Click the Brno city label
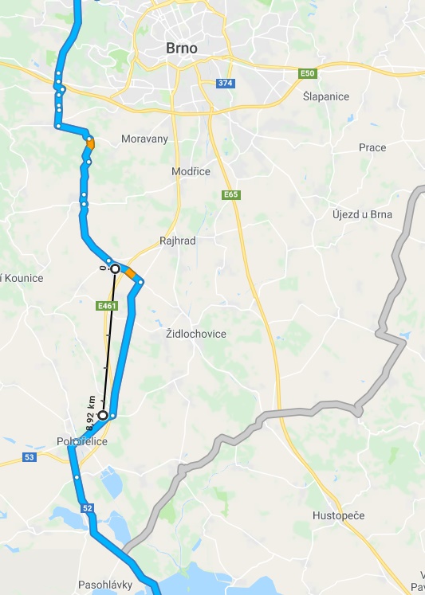click(182, 48)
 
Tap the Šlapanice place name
click(326, 96)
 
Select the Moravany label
click(144, 139)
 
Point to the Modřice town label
click(191, 171)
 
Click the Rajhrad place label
click(178, 240)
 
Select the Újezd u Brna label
click(360, 214)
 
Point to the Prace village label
click(372, 147)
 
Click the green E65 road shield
click(231, 194)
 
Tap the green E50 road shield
click(308, 73)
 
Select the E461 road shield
click(107, 305)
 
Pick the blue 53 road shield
click(30, 457)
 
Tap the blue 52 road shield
click(87, 507)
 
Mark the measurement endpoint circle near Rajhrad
click(115, 269)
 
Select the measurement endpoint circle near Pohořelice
click(103, 415)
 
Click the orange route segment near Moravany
click(91, 144)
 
